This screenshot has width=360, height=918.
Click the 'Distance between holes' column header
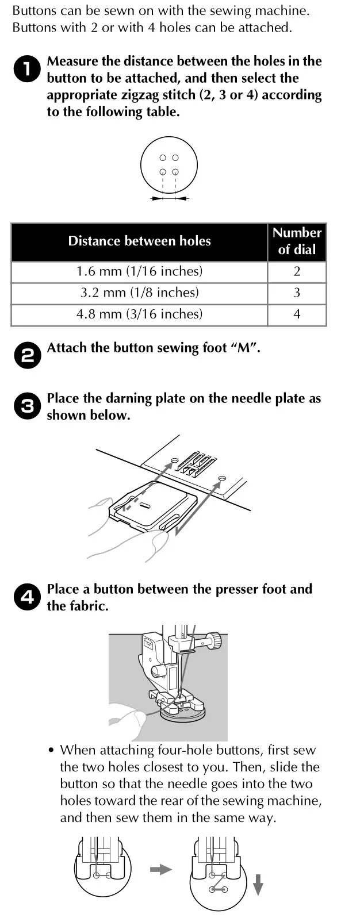click(139, 241)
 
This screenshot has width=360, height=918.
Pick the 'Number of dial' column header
click(297, 241)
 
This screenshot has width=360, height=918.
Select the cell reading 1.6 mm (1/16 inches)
click(139, 271)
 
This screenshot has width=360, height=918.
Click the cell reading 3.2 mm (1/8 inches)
click(139, 293)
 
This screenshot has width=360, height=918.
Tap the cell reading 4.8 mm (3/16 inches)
click(139, 314)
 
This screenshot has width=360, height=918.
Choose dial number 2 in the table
click(297, 271)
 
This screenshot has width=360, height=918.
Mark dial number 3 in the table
click(297, 293)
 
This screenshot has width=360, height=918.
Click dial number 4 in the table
click(297, 314)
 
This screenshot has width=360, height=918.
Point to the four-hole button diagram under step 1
click(169, 166)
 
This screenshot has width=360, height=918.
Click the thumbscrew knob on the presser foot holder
click(215, 639)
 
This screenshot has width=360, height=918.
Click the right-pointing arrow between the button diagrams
click(161, 870)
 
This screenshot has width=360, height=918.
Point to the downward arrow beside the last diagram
click(258, 884)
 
